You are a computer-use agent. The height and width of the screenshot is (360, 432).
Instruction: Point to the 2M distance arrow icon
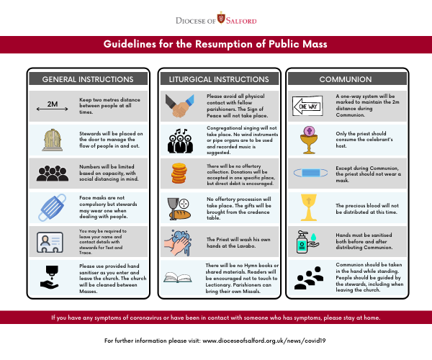point(53,104)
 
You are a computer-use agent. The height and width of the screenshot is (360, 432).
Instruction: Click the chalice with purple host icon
point(309,139)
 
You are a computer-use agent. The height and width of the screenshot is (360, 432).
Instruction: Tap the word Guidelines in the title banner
point(134,45)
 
